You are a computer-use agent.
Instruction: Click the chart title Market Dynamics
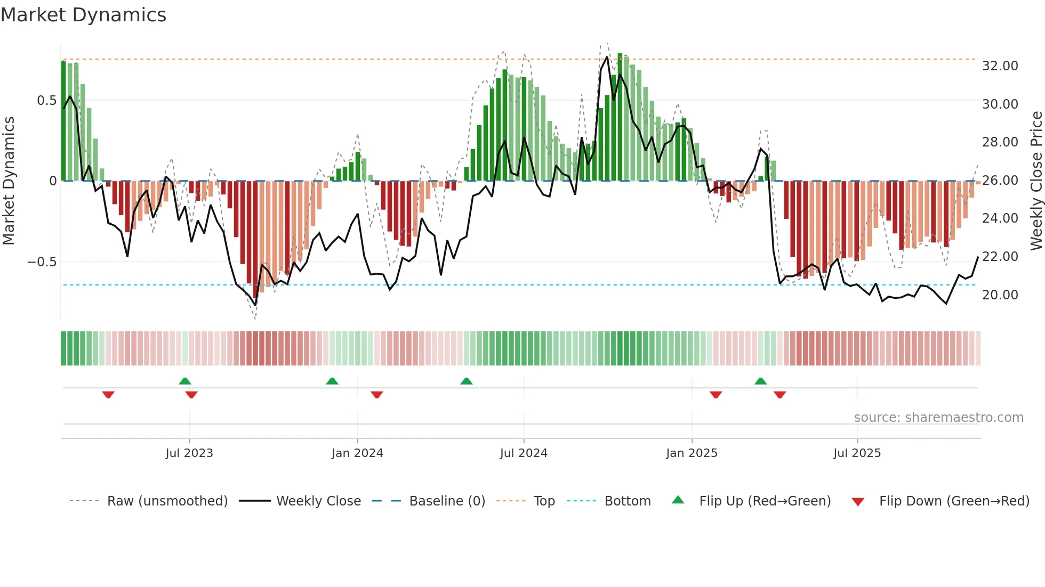point(83,15)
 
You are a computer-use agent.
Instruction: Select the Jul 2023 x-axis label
point(189,453)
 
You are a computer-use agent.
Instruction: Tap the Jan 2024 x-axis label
point(357,453)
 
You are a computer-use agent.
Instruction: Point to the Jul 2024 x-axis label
point(523,453)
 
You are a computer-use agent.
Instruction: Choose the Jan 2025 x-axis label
point(691,453)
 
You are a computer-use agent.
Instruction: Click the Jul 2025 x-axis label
point(857,453)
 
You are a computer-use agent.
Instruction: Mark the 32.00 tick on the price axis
point(1000,66)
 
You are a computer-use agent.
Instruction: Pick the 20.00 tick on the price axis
point(1000,295)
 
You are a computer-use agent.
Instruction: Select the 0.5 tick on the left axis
point(46,101)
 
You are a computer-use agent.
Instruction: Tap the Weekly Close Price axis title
point(1036,181)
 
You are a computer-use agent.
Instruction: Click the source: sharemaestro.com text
point(938,418)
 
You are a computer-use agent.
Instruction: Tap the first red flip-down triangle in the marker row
point(108,395)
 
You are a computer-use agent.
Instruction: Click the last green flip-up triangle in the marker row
point(760,381)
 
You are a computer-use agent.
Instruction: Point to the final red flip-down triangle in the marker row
point(779,395)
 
